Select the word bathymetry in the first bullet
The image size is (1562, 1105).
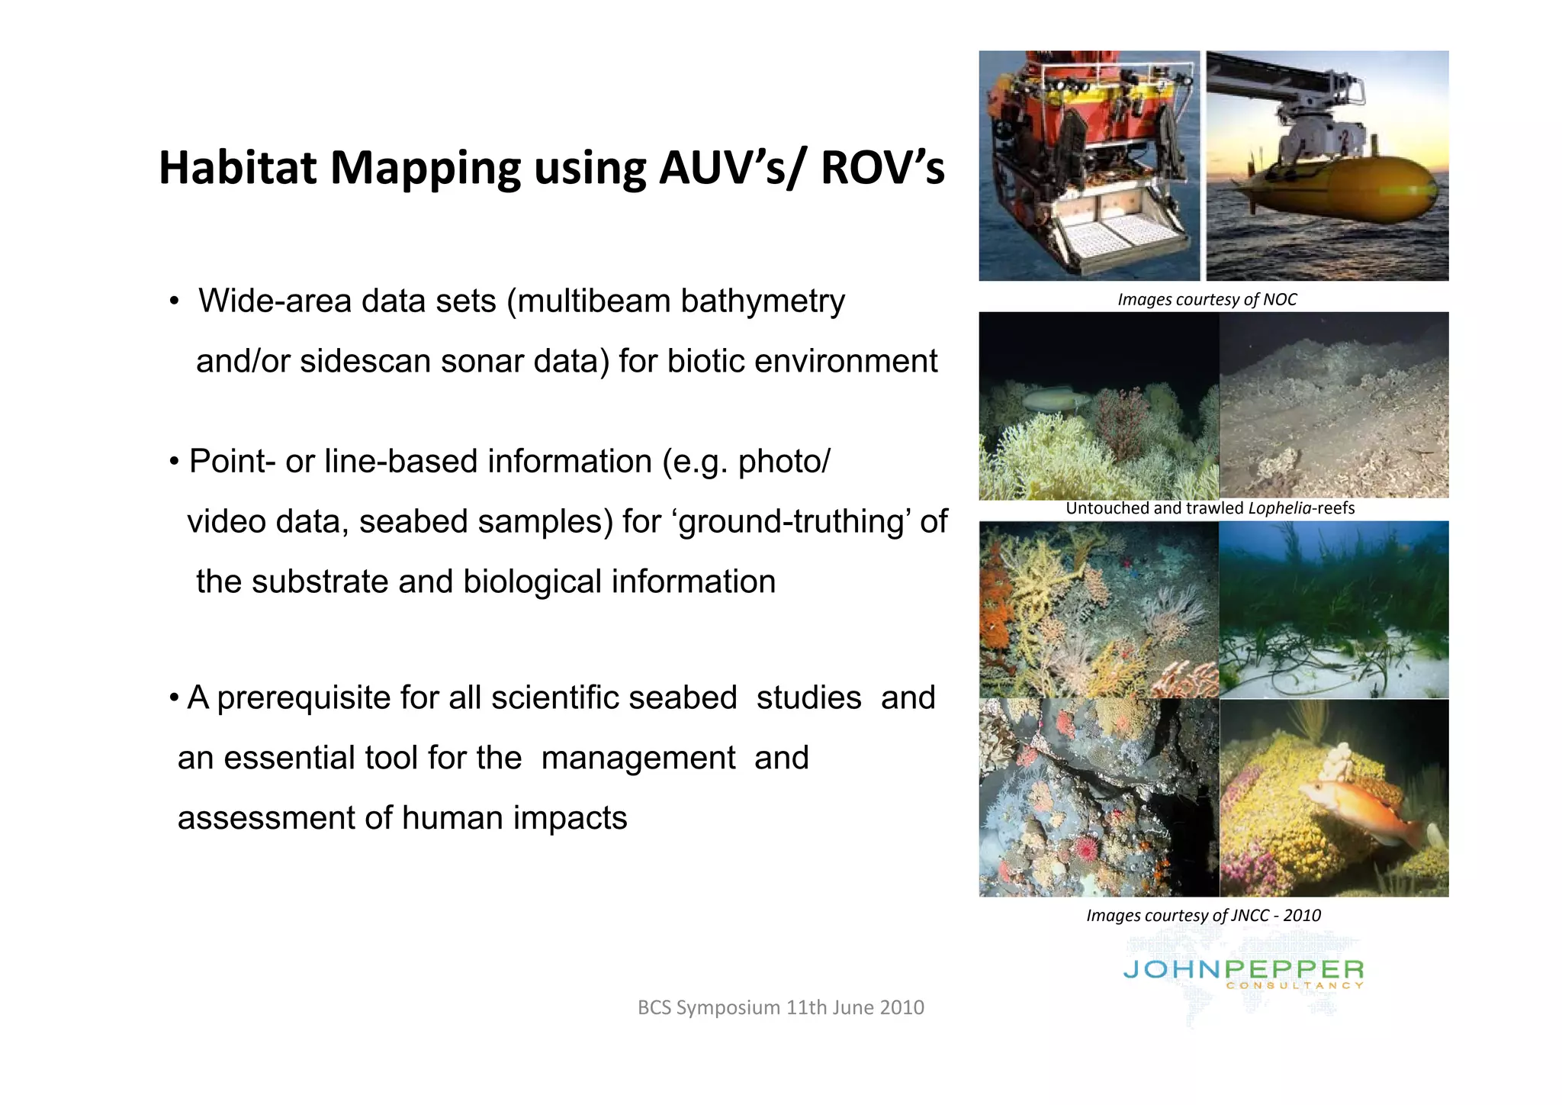click(x=762, y=301)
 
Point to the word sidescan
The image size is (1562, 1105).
click(x=365, y=361)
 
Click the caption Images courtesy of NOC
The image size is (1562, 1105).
click(x=1207, y=299)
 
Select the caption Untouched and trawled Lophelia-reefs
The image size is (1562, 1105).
click(x=1210, y=508)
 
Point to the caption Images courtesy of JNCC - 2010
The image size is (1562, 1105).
click(x=1203, y=915)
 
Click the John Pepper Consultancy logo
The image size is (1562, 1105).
click(x=1242, y=974)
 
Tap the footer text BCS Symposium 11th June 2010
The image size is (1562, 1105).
click(x=780, y=1007)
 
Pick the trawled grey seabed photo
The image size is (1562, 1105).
click(x=1333, y=405)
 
